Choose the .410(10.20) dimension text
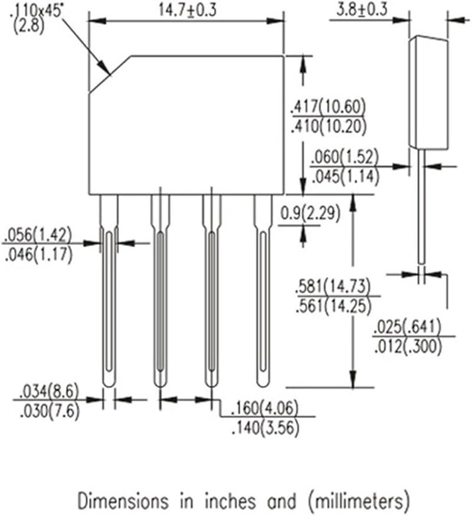tap(328, 126)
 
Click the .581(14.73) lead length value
tap(333, 287)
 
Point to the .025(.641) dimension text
tap(407, 328)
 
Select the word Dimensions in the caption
tap(116, 501)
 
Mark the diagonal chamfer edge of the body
tap(110, 74)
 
